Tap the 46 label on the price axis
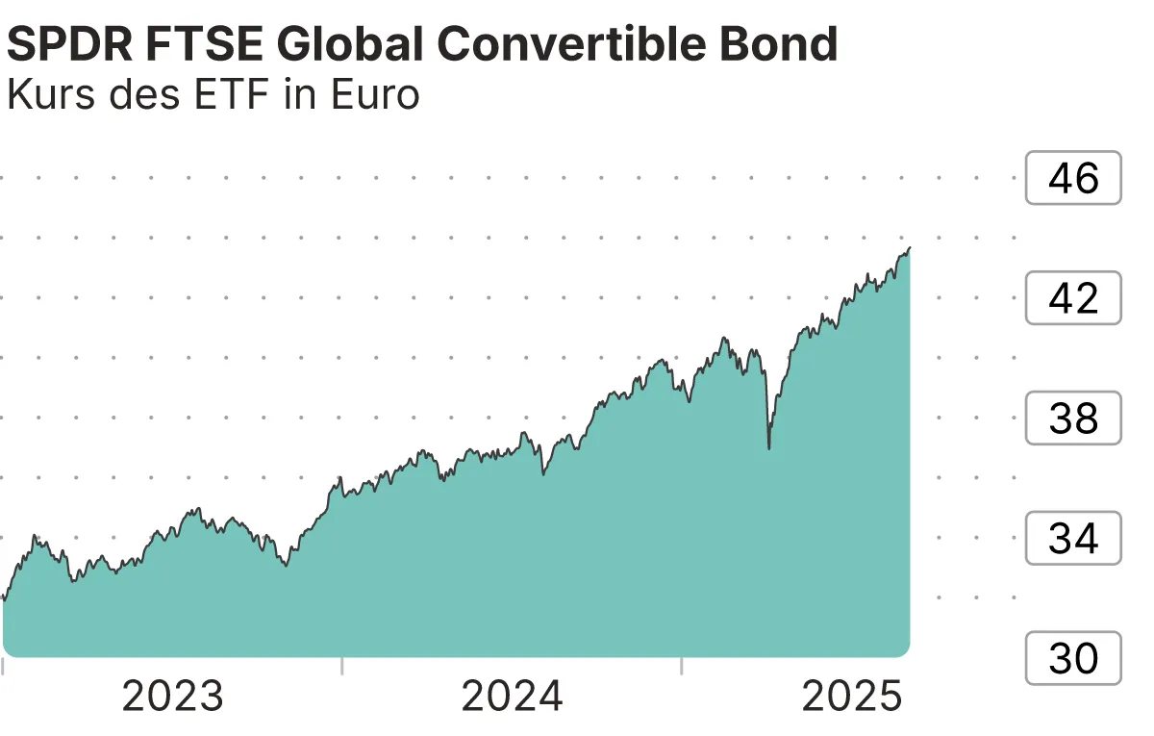point(1073,178)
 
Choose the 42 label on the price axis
point(1073,298)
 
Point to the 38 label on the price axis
point(1073,419)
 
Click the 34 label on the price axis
point(1073,539)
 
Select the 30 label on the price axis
point(1073,659)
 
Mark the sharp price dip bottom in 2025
point(769,448)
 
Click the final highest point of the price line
point(909,248)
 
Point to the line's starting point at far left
point(4,599)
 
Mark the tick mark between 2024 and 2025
point(681,666)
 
